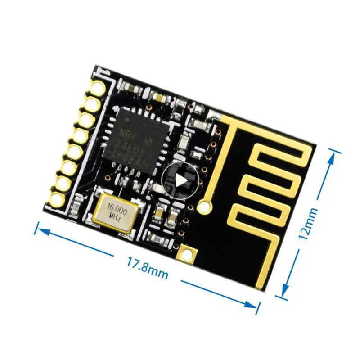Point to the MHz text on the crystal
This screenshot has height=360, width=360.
[x=113, y=217]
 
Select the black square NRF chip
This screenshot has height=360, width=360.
[x=134, y=139]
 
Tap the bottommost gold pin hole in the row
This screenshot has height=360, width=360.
[x=58, y=199]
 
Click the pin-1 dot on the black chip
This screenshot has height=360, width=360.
[x=127, y=120]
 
